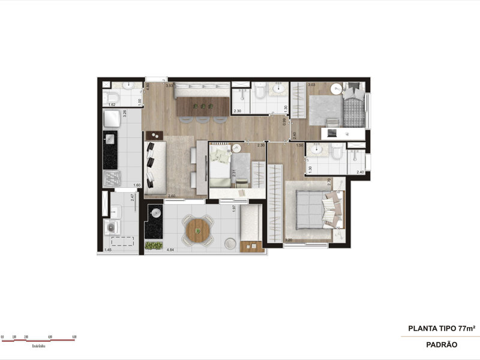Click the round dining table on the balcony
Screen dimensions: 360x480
[x=197, y=229]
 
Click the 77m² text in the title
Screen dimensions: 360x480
[x=466, y=328]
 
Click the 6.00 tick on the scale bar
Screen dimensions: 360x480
[x=74, y=337]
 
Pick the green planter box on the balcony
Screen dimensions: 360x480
[x=154, y=245]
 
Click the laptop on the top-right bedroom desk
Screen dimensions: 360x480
[x=332, y=133]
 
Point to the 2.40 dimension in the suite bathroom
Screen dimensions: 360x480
[x=359, y=173]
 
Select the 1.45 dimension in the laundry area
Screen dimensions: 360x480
[x=108, y=250]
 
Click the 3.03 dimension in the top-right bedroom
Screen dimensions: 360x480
[x=311, y=86]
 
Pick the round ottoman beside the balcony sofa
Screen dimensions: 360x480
[x=231, y=242]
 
